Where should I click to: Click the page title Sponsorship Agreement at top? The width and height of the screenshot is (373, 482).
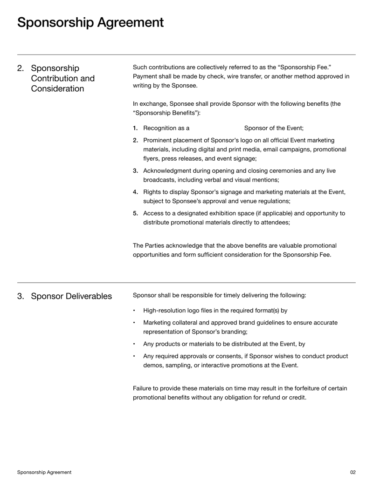pyautogui.click(x=90, y=22)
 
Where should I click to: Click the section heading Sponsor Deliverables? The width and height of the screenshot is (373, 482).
pyautogui.click(x=71, y=296)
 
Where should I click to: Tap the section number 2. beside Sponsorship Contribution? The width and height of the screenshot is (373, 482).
pyautogui.click(x=21, y=68)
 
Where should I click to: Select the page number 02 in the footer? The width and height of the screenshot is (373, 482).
pyautogui.click(x=352, y=472)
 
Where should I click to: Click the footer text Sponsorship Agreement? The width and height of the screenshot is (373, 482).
pyautogui.click(x=44, y=472)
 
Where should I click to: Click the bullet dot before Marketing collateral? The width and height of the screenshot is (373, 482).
pyautogui.click(x=134, y=323)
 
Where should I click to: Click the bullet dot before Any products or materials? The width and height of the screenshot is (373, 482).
pyautogui.click(x=134, y=345)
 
